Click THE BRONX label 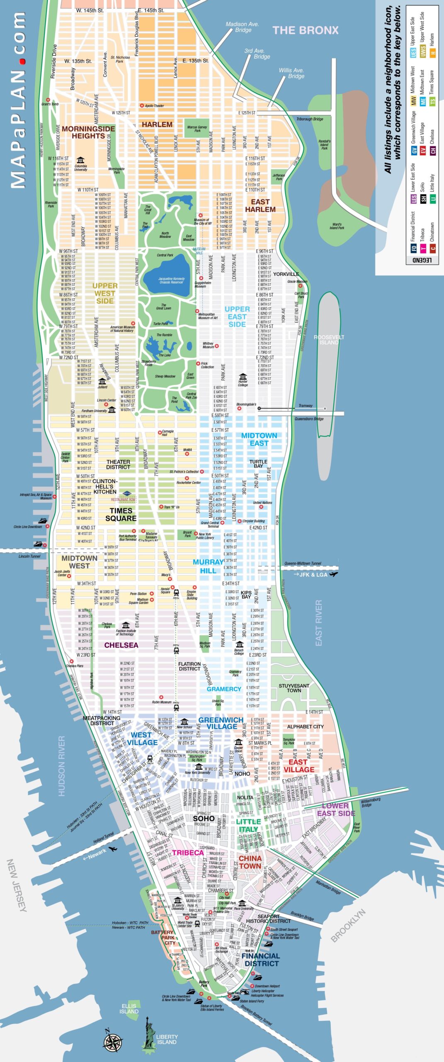306,30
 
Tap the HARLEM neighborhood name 157,124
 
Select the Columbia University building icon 80,160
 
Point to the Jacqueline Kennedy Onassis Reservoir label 171,280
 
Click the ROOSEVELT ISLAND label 329,340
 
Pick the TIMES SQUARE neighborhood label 121,514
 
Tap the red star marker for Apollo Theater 142,106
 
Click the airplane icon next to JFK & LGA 334,574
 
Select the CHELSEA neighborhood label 121,645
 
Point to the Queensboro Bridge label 309,419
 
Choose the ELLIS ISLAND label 129,1008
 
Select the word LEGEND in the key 422,260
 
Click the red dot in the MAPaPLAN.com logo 23,61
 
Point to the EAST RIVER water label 318,623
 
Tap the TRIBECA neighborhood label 188,853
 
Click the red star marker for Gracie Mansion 300,286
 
